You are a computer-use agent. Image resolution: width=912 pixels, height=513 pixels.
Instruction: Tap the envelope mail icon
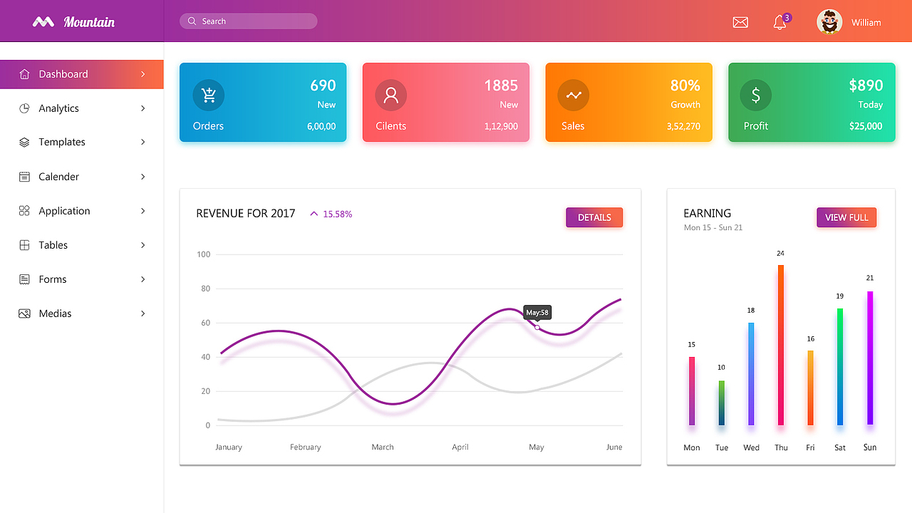pyautogui.click(x=740, y=22)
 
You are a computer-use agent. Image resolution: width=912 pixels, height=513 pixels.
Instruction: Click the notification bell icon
pyautogui.click(x=779, y=22)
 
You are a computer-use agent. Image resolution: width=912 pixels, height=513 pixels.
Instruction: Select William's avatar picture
pyautogui.click(x=829, y=22)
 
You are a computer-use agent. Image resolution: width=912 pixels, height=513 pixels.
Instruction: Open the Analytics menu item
pyautogui.click(x=59, y=108)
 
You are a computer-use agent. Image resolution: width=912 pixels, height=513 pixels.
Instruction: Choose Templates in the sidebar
pyautogui.click(x=62, y=142)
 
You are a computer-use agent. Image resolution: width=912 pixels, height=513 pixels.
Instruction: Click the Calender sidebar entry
pyautogui.click(x=59, y=177)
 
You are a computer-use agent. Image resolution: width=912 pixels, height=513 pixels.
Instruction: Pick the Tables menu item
pyautogui.click(x=53, y=245)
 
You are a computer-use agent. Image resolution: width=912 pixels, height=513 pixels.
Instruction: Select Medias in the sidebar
pyautogui.click(x=56, y=313)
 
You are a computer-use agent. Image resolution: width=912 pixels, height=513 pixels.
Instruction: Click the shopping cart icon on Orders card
pyautogui.click(x=209, y=95)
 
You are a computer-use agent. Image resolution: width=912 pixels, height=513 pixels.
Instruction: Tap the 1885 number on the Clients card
pyautogui.click(x=501, y=85)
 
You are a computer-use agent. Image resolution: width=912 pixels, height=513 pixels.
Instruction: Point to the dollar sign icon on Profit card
pyautogui.click(x=756, y=95)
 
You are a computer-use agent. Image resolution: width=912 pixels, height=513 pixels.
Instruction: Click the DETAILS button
pyautogui.click(x=594, y=217)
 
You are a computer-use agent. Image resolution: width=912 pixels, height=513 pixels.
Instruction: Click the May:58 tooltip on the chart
pyautogui.click(x=537, y=312)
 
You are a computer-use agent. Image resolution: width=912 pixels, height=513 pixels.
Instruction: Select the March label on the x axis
pyautogui.click(x=383, y=447)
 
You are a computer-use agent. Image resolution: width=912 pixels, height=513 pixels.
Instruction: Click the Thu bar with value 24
pyautogui.click(x=781, y=345)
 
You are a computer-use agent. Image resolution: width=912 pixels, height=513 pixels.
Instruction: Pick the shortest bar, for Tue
pyautogui.click(x=722, y=403)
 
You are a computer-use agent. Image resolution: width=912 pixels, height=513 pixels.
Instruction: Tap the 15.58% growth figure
pyautogui.click(x=337, y=214)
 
